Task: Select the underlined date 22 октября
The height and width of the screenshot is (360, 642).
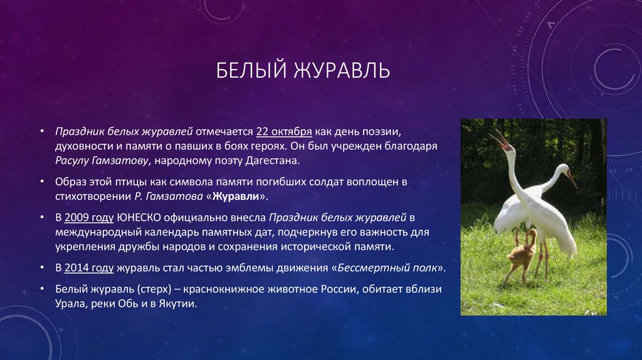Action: coord(284,132)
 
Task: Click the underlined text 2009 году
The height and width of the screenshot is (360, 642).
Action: coord(87,218)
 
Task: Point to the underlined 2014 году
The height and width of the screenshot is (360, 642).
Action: coord(87,267)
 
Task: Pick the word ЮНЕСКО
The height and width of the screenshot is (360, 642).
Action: coord(138,218)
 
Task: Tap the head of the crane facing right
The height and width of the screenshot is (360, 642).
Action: coord(564,170)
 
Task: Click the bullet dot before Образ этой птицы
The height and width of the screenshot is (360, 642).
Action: coord(41,182)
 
